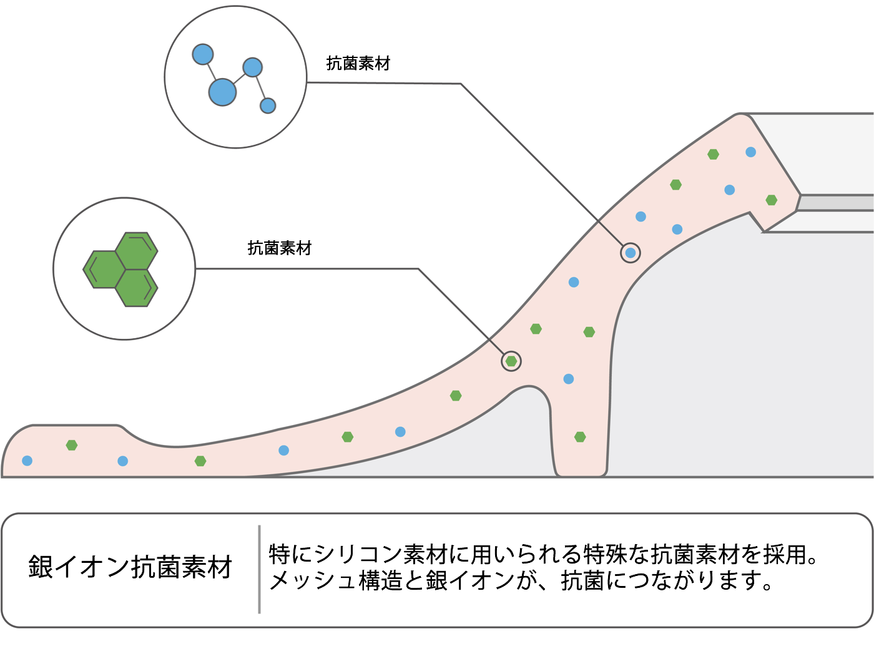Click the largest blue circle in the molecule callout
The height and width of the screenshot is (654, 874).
[x=222, y=92]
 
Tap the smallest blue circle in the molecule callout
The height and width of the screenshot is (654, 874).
[x=268, y=105]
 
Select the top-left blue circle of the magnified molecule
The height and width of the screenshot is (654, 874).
[x=203, y=54]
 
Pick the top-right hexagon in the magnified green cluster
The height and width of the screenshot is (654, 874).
[x=137, y=250]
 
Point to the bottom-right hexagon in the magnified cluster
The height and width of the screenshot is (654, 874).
[x=137, y=288]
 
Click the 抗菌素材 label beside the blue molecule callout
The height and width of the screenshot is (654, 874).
[x=358, y=64]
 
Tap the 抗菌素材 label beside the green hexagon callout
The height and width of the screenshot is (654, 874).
[x=279, y=248]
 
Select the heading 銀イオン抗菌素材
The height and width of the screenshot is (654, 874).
[x=130, y=567]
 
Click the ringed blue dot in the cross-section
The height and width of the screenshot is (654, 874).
[x=631, y=253]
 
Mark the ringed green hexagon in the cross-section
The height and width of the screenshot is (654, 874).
[x=511, y=361]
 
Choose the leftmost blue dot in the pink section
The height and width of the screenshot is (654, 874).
[x=27, y=461]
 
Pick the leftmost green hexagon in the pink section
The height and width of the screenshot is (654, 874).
[x=72, y=445]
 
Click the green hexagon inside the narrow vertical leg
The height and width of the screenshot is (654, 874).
[x=580, y=437]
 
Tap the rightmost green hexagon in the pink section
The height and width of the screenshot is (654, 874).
[x=772, y=200]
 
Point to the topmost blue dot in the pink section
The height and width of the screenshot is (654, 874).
[x=751, y=152]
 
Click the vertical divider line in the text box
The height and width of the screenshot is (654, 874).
[x=259, y=569]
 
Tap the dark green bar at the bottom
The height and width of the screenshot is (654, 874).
[x=437, y=642]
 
